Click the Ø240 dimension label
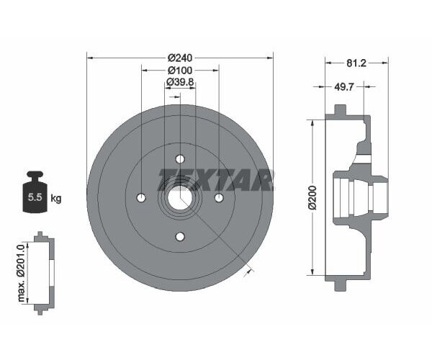tap(180, 58)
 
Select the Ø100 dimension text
tap(180, 71)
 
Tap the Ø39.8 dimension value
tap(181, 82)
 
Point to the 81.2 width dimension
tap(356, 63)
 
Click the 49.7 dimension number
tap(343, 87)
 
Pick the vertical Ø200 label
tap(312, 198)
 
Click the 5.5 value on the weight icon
tap(35, 197)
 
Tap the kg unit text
tap(56, 198)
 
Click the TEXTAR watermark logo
tap(216, 179)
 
